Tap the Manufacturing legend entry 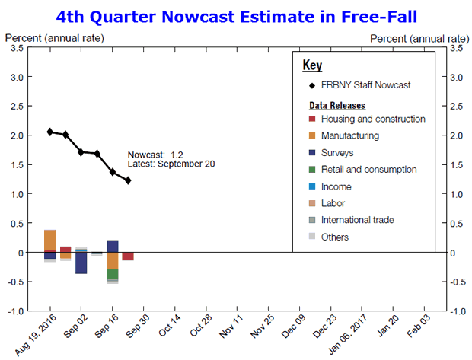pos(349,135)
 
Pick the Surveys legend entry pos(336,152)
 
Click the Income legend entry pos(336,186)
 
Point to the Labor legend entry pos(333,203)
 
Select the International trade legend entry pos(357,220)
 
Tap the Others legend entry pos(335,237)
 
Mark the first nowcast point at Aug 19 pos(50,132)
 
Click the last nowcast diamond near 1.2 pos(128,180)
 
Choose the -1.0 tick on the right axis pos(457,311)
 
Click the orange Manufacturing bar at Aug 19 pos(50,240)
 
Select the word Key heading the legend pos(312,65)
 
